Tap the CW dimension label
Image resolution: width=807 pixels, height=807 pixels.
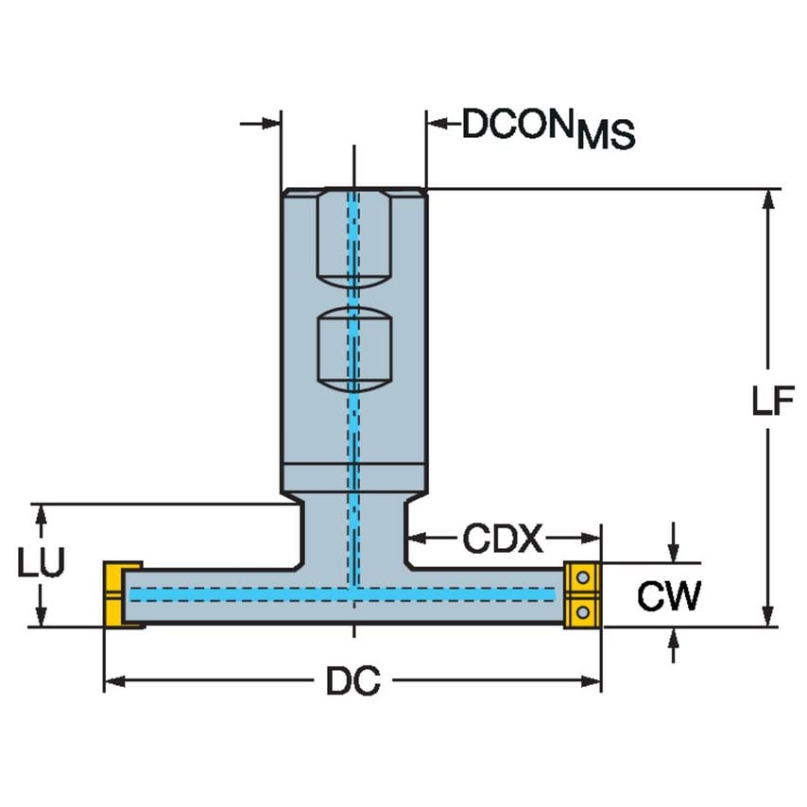(668, 596)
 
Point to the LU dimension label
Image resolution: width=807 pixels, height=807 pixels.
(41, 563)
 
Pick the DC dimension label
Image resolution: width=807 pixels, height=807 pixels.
(352, 681)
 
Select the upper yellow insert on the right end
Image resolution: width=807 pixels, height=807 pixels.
(582, 576)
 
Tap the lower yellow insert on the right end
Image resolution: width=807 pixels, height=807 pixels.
(582, 611)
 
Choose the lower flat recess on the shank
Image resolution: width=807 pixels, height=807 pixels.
(352, 350)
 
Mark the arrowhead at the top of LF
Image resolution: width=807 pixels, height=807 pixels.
(770, 198)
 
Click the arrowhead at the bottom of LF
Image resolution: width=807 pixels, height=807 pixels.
(770, 616)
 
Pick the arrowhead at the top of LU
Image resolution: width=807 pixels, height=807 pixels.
(41, 513)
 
